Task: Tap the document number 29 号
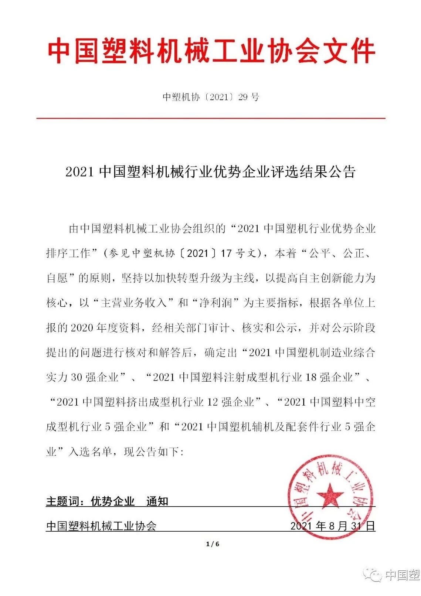point(249,97)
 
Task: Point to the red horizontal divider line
point(211,118)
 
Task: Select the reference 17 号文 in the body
point(238,253)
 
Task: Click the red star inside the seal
point(330,495)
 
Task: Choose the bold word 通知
point(157,501)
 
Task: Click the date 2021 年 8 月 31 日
point(333,526)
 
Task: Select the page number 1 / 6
point(213,544)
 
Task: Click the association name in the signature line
point(101,526)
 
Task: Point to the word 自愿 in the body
point(57,278)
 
